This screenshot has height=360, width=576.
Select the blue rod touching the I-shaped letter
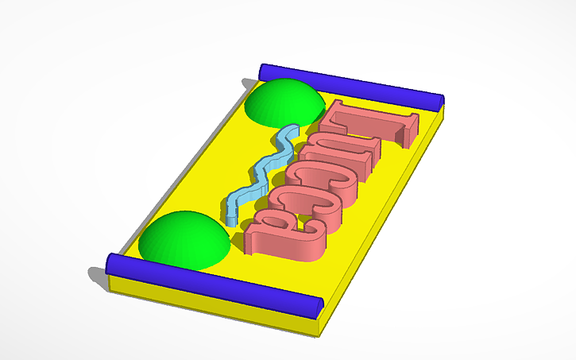point(350,86)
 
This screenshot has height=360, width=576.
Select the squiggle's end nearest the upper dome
point(294,130)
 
